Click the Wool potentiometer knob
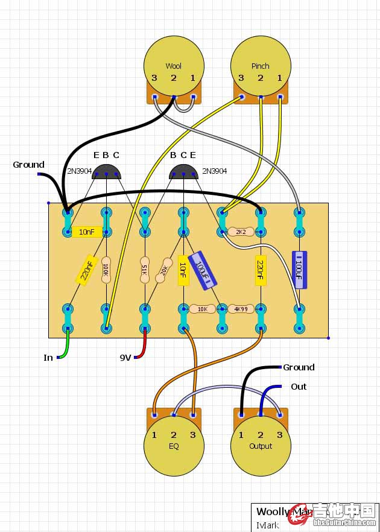(x=173, y=63)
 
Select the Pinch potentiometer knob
(x=260, y=63)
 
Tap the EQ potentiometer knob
(x=173, y=446)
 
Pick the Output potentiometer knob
(x=260, y=446)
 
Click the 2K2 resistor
(x=241, y=231)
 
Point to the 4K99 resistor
(x=241, y=309)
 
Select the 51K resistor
(x=144, y=269)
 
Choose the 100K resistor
(x=106, y=269)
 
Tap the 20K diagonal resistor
(x=163, y=270)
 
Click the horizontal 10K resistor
(x=203, y=309)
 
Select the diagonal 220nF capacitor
(x=87, y=270)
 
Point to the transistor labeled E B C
(x=106, y=173)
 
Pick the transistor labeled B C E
(x=183, y=173)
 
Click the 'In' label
(x=48, y=358)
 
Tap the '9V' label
(x=125, y=358)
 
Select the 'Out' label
(x=298, y=387)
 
